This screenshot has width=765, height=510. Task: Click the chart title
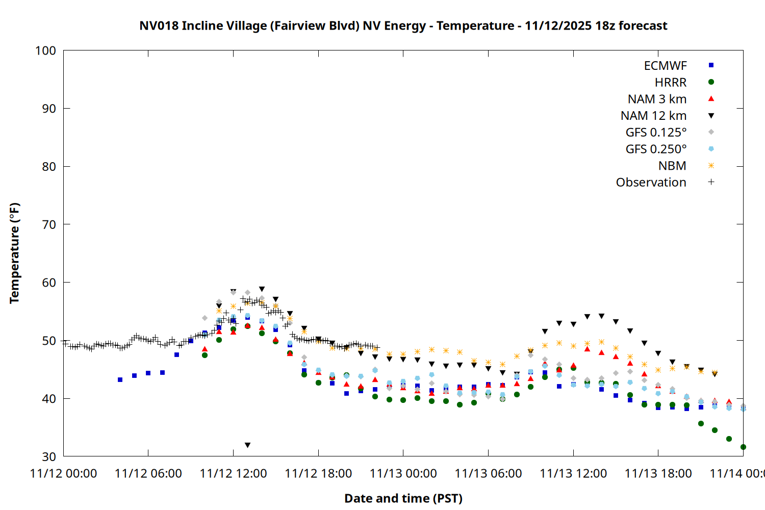coord(403,25)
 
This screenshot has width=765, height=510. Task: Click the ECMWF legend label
coord(665,66)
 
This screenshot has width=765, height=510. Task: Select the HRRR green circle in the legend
coord(711,82)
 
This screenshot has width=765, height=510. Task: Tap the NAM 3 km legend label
coord(657,99)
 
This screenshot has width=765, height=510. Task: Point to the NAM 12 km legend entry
coord(653,116)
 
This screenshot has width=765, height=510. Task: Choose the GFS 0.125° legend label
coord(656,133)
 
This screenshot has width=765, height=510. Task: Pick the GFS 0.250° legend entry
coord(656,149)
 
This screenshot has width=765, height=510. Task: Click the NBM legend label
coord(672,166)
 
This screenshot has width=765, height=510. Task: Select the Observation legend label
coord(651,183)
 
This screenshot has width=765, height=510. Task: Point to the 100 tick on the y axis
coord(45,50)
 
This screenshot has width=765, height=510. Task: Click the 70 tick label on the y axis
coord(49,224)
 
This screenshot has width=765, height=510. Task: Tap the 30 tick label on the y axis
coord(49,456)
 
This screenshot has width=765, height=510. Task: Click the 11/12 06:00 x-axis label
coord(148,474)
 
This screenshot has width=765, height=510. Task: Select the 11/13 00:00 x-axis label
coord(403,474)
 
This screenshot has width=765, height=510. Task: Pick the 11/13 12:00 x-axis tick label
coord(573,474)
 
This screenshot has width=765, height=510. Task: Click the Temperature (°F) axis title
coord(14,253)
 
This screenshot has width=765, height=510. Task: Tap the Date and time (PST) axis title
coord(403,498)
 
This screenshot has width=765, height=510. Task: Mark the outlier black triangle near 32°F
coord(247,445)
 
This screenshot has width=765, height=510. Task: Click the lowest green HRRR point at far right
coord(743,447)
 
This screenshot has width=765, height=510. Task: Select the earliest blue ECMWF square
coord(120,380)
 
